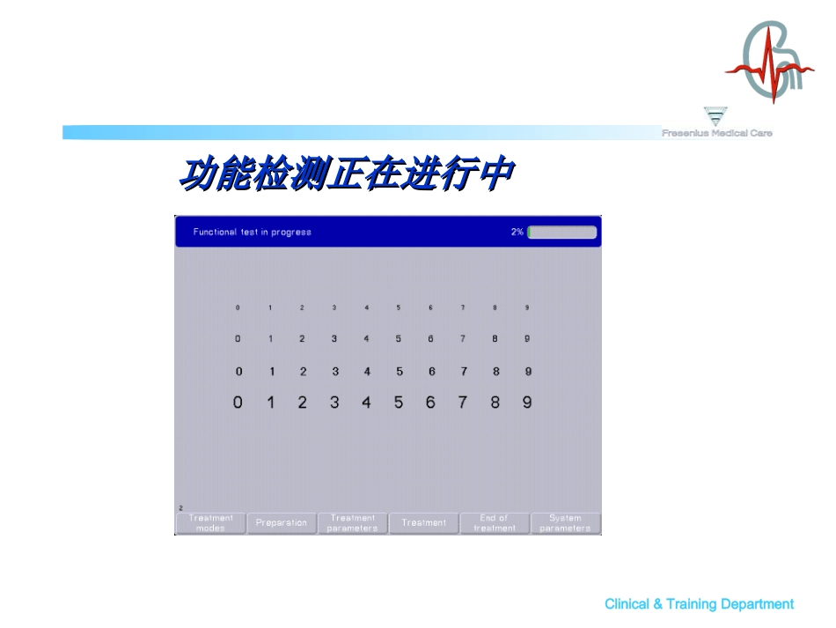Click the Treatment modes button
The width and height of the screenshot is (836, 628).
pyautogui.click(x=210, y=523)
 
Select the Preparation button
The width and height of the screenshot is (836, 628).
pyautogui.click(x=282, y=523)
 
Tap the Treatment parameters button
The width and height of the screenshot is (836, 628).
pyautogui.click(x=353, y=523)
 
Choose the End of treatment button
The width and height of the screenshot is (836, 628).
pyautogui.click(x=495, y=523)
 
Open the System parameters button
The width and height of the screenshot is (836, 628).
pyautogui.click(x=566, y=523)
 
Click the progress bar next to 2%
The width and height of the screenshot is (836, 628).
pyautogui.click(x=562, y=233)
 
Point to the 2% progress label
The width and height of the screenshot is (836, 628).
pyautogui.click(x=517, y=233)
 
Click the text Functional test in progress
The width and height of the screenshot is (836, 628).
pyautogui.click(x=253, y=233)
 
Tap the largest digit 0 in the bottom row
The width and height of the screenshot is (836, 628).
pyautogui.click(x=238, y=403)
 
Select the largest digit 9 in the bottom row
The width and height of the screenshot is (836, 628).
pyautogui.click(x=527, y=403)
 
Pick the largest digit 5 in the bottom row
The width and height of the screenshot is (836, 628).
pyautogui.click(x=399, y=403)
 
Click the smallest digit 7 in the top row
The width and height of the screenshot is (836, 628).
pyautogui.click(x=463, y=308)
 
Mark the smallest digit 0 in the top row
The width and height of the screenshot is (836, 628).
pyautogui.click(x=238, y=308)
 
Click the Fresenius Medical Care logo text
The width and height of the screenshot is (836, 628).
pyautogui.click(x=717, y=133)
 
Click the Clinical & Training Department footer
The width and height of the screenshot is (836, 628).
pyautogui.click(x=699, y=604)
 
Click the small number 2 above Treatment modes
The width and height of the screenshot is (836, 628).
pyautogui.click(x=180, y=508)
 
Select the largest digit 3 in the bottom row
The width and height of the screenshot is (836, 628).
pyautogui.click(x=334, y=403)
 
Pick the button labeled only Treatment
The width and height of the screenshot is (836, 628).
pyautogui.click(x=424, y=523)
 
